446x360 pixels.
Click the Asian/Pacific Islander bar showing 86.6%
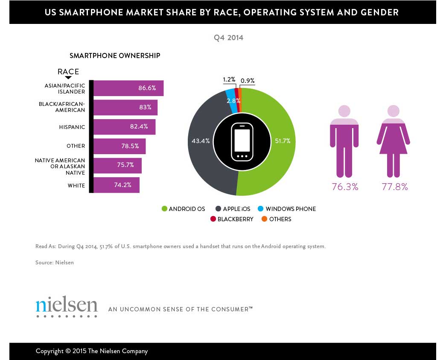coord(128,88)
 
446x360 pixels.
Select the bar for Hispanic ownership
coord(124,127)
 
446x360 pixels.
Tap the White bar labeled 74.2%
coord(116,185)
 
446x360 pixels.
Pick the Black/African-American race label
coord(62,107)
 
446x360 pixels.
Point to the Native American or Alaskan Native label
coord(60,166)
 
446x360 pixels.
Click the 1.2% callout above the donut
coord(229,80)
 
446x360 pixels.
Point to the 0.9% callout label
coord(248,80)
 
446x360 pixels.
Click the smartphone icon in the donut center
coord(242,142)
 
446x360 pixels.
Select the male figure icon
coord(344,141)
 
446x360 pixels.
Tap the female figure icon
coord(393,141)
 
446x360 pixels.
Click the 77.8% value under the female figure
coord(395,187)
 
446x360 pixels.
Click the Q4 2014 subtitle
coord(228,38)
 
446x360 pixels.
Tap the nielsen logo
coord(67,306)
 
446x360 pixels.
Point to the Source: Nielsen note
coord(55,263)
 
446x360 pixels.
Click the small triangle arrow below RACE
coord(68,78)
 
